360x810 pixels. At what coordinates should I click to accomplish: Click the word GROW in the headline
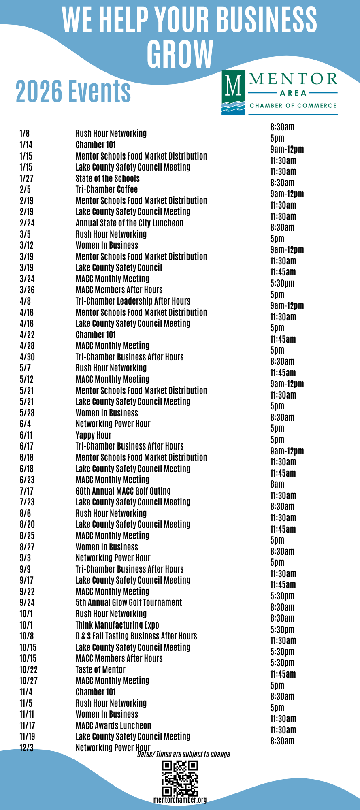tap(180, 54)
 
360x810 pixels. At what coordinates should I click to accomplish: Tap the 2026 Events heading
tap(73, 91)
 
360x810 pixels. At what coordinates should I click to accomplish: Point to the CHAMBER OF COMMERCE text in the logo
tap(293, 106)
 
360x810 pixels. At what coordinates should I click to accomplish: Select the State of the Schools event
tap(107, 179)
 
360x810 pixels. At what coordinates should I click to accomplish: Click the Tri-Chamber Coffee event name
tap(107, 190)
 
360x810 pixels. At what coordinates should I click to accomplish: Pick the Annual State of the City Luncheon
tap(129, 223)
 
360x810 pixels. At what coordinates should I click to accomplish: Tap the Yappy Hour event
tap(93, 435)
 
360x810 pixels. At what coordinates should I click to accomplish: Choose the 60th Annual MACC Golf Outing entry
tap(123, 491)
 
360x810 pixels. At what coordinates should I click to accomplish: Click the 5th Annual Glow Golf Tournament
tap(129, 603)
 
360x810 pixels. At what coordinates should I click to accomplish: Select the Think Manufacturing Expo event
tap(117, 625)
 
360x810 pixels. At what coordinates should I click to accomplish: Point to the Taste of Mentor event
tap(100, 670)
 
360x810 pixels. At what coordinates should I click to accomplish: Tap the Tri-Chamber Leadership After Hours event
tap(133, 301)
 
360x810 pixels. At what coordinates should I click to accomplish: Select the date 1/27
tap(26, 179)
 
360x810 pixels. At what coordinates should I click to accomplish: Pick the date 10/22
tap(28, 670)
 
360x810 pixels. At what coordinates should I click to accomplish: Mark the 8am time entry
tap(277, 484)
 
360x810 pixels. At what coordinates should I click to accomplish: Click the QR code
tap(180, 778)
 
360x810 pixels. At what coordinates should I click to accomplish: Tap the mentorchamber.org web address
tap(180, 800)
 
